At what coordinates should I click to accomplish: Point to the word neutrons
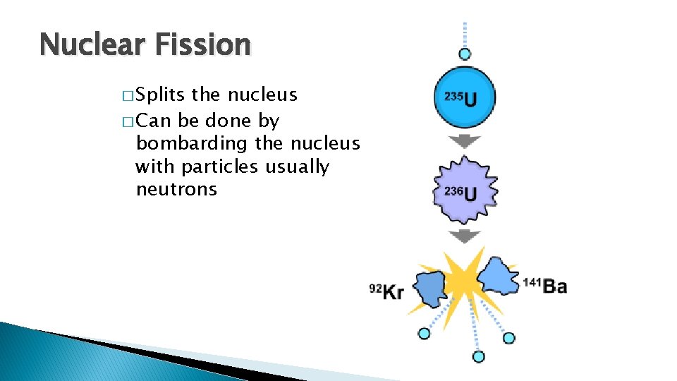(x=176, y=189)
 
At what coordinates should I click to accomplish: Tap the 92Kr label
(x=386, y=290)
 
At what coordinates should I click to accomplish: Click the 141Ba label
(x=544, y=286)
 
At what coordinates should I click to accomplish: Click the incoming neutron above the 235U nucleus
(x=464, y=54)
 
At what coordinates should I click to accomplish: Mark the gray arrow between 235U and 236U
(x=465, y=141)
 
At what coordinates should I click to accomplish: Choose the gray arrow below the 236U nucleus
(x=465, y=236)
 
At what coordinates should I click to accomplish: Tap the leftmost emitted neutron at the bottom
(x=424, y=334)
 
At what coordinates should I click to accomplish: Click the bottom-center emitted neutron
(x=479, y=356)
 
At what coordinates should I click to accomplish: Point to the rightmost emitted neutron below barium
(x=508, y=338)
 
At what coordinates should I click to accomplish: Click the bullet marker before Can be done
(x=127, y=121)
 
